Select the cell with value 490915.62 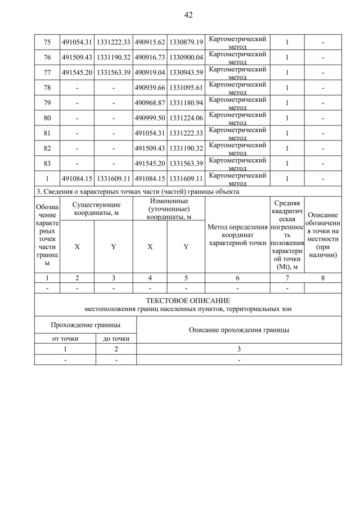coord(150,42)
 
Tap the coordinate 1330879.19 coord(186,42)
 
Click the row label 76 coord(47,57)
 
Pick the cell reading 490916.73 coord(150,57)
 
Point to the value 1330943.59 coord(186,73)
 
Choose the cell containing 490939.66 coord(150,88)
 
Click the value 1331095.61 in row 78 coord(186,88)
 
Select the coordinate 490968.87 coord(150,103)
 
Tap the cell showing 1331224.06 coord(186,118)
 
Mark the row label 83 coord(47,164)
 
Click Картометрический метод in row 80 coord(237,118)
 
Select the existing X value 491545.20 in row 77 coord(77,73)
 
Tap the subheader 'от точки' coord(65,339)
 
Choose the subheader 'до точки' coord(116,339)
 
